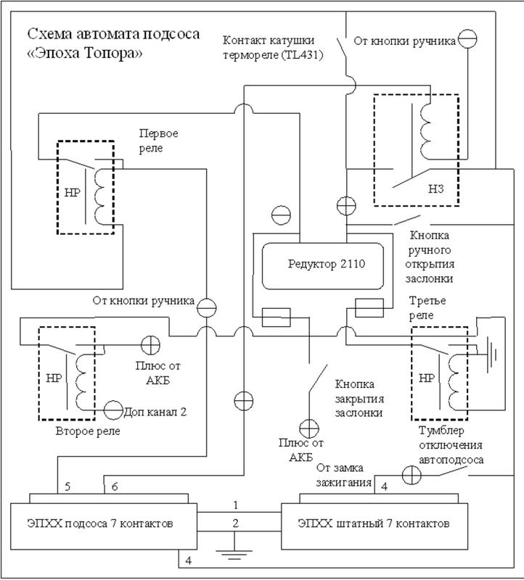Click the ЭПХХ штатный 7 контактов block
click(x=380, y=521)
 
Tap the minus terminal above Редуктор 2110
click(x=279, y=215)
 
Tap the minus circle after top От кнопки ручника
click(x=469, y=39)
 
